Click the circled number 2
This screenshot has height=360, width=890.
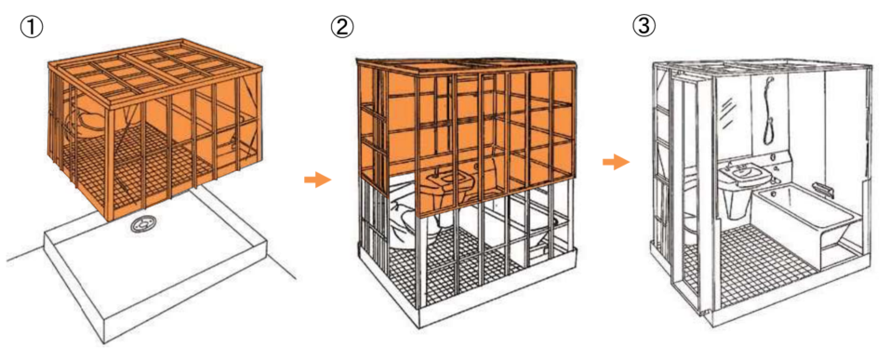[x=341, y=26]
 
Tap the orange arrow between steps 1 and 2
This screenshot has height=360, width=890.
[x=317, y=180]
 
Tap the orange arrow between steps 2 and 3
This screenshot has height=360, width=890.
[x=616, y=163]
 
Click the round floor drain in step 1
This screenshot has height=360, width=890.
[x=140, y=224]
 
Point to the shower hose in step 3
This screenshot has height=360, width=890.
[x=769, y=110]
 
